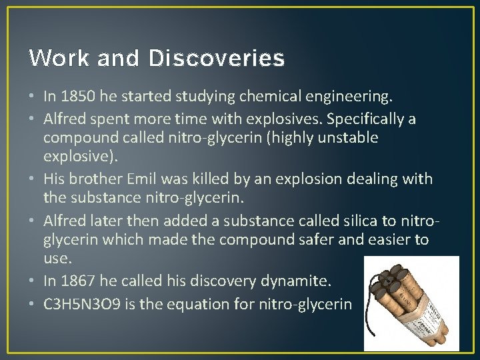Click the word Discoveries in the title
pyautogui.click(x=217, y=59)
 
